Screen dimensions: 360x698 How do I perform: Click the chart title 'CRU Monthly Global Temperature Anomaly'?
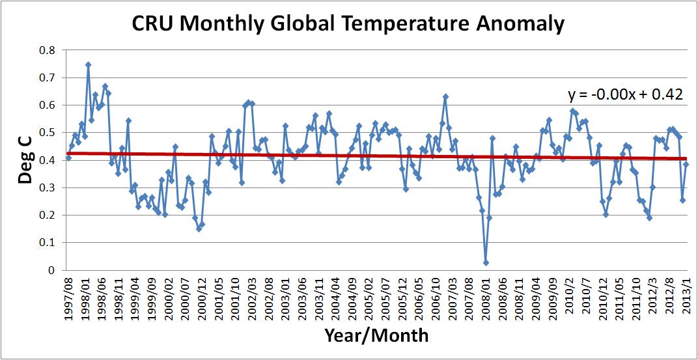(x=348, y=24)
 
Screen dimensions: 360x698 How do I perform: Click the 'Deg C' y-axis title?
(x=25, y=160)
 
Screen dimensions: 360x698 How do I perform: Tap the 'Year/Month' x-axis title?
(x=376, y=336)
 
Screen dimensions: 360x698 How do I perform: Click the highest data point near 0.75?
(x=88, y=64)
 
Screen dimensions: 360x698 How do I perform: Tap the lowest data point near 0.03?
(x=486, y=262)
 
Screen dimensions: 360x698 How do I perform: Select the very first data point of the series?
(x=68, y=158)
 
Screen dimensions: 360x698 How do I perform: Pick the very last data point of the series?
(x=686, y=164)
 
